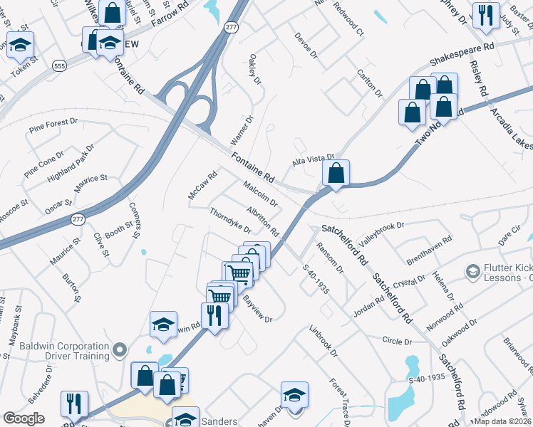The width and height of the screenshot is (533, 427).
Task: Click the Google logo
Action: pos(24,418)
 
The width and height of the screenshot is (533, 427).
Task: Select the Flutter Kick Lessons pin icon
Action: pos(472,271)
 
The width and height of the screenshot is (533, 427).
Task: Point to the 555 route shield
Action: pos(59,65)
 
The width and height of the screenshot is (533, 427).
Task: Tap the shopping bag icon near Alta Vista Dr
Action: pos(336,172)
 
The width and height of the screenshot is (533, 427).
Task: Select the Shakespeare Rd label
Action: pos(461,53)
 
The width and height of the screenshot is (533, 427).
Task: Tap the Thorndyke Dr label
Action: pos(230,221)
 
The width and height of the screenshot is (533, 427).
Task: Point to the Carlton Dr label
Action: pos(369,83)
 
